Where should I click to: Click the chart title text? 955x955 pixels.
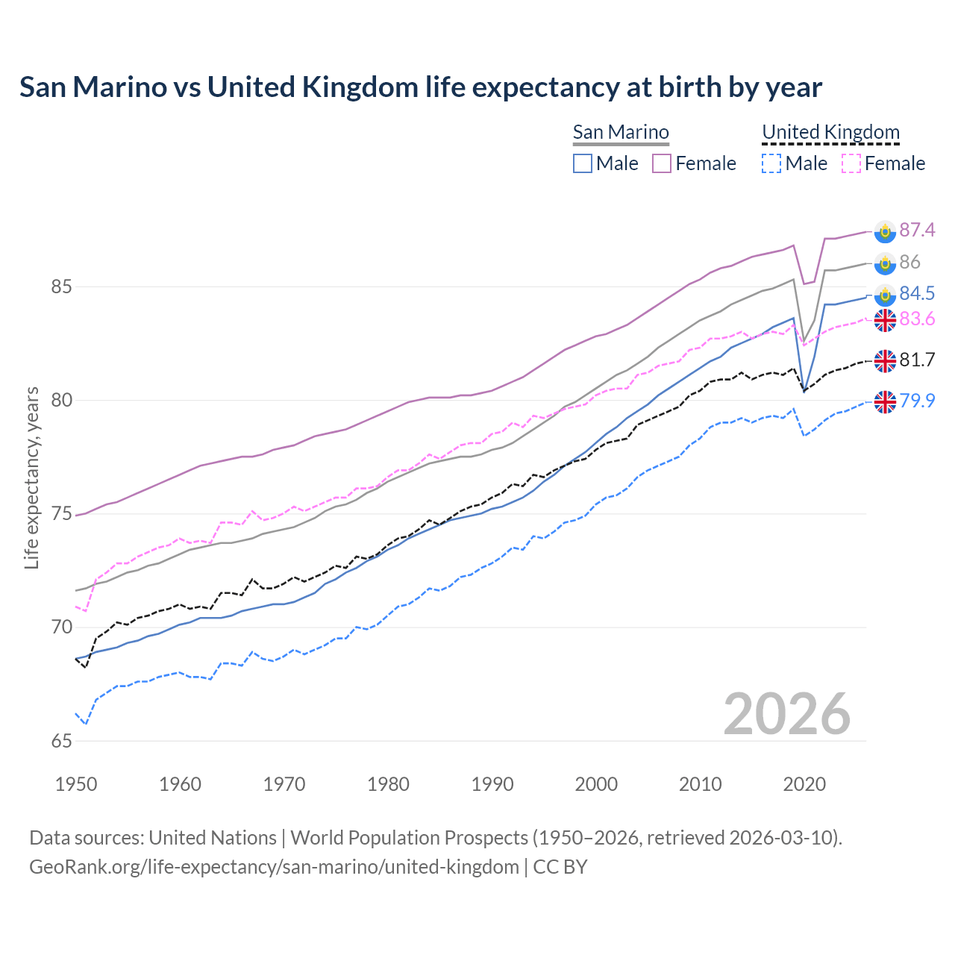(421, 87)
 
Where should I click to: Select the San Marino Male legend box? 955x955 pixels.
(583, 163)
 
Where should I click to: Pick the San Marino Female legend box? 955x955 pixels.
(663, 163)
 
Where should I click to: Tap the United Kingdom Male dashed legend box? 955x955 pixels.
(771, 163)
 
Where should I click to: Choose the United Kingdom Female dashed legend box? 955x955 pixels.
(851, 163)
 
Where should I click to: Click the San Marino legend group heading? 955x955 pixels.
(621, 132)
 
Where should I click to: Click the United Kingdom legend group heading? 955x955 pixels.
(830, 132)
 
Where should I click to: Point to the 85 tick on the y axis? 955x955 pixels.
(61, 286)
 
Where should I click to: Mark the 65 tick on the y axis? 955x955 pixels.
(61, 741)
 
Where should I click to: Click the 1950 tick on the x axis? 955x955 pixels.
(76, 784)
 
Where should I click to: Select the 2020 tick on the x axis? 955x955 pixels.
(804, 784)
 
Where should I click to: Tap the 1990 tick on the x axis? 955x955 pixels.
(492, 784)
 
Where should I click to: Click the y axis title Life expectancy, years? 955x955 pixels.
(31, 477)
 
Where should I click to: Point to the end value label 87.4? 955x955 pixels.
(917, 230)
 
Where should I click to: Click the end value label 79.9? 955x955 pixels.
(917, 401)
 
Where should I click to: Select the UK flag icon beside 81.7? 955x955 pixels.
(885, 360)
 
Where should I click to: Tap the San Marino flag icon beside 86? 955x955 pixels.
(885, 263)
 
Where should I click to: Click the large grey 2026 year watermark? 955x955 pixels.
(787, 714)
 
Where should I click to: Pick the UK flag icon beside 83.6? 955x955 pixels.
(885, 320)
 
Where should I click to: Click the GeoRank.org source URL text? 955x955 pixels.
(274, 867)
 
